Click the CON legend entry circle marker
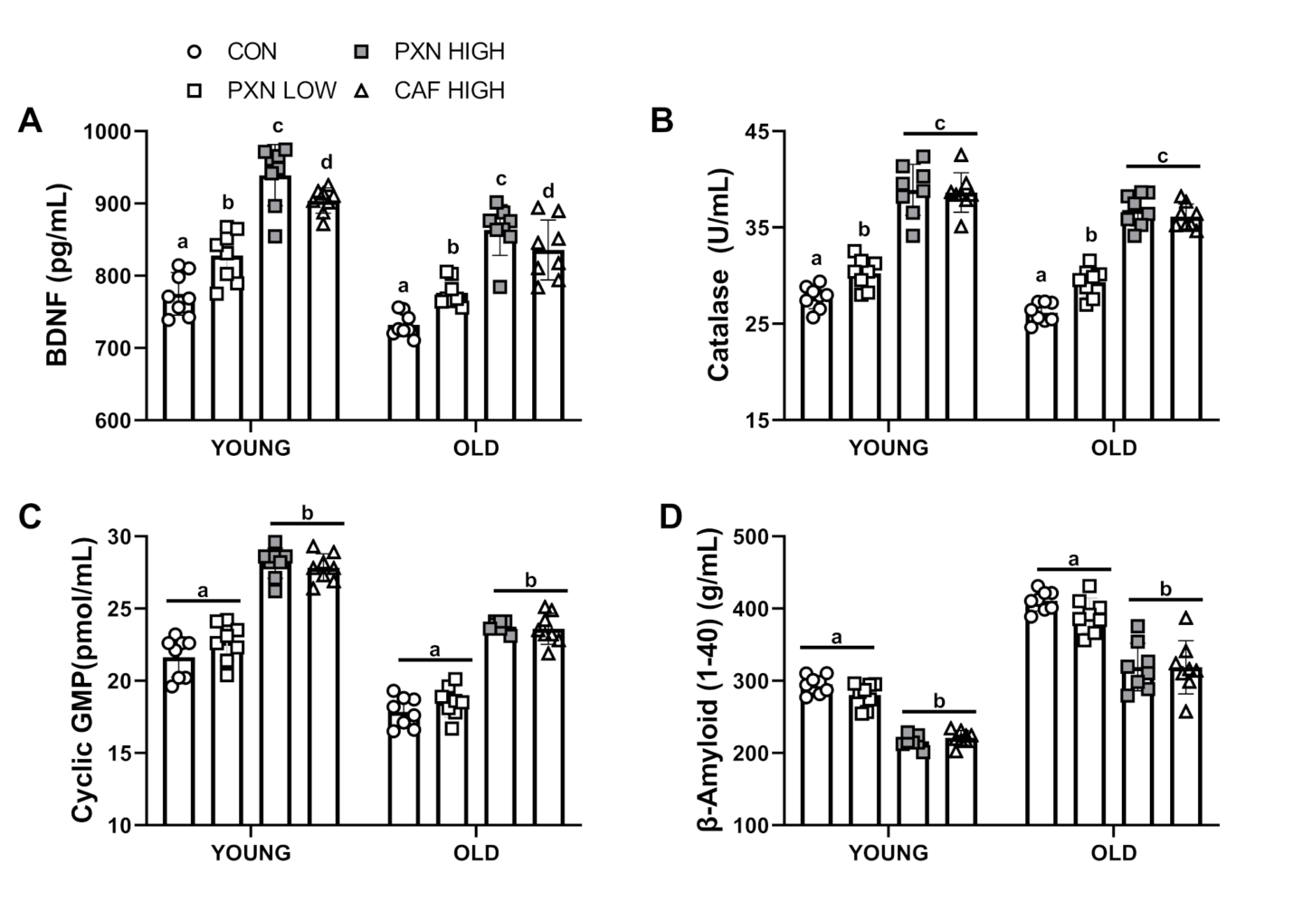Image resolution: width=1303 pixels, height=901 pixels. click(x=193, y=52)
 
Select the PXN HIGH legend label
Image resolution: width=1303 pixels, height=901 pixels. click(x=449, y=52)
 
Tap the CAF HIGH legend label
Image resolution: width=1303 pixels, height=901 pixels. click(x=449, y=90)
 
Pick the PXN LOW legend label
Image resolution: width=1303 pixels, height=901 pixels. click(x=281, y=90)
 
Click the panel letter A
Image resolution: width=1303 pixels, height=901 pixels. click(x=30, y=120)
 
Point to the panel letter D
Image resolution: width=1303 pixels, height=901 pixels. click(x=671, y=517)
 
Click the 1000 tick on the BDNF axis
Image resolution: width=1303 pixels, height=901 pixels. click(x=109, y=131)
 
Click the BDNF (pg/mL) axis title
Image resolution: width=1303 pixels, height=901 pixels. click(x=59, y=275)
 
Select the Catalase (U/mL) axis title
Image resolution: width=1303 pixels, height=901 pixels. click(x=719, y=275)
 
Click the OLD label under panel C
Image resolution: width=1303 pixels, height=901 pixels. click(x=476, y=852)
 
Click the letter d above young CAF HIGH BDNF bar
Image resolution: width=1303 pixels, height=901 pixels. click(x=327, y=162)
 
